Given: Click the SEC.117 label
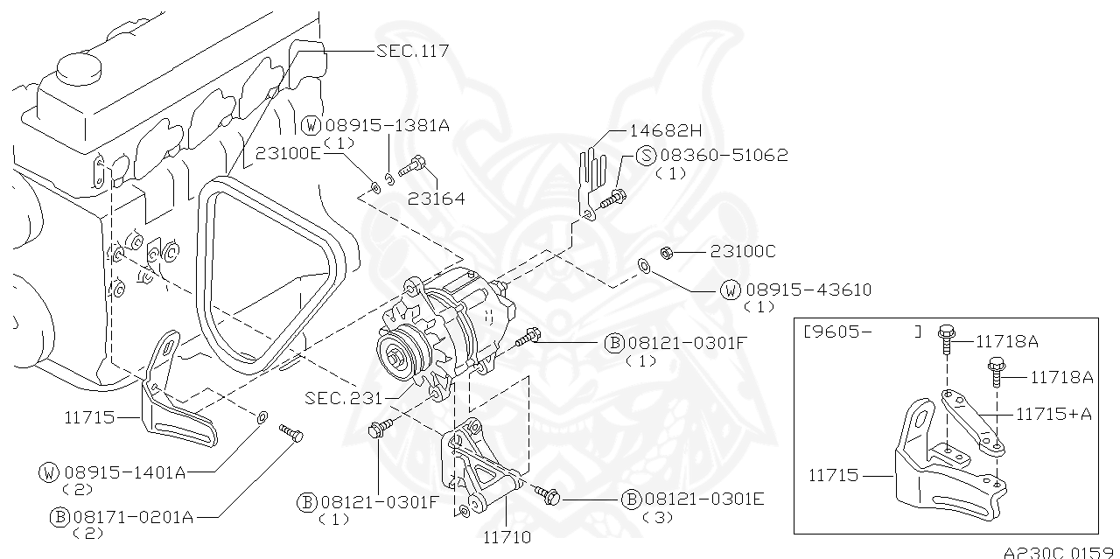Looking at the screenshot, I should coord(412,52).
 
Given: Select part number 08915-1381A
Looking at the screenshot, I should coord(386,126).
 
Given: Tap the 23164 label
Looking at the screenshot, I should coord(436,199).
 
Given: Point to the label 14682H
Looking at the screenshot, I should coord(666,131).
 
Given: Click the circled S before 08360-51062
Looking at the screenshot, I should coord(645,156).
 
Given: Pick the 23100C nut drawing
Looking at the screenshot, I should coord(664,253).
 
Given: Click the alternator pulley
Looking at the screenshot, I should coord(399,355).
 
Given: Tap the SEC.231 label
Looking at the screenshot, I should coord(343,398).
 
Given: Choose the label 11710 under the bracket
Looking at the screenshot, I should coord(507,537).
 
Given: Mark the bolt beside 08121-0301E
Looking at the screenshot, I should coord(546,495).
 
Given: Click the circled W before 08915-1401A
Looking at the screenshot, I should coord(50,472).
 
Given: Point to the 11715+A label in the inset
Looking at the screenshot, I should coord(1053,414).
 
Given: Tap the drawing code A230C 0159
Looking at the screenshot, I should coord(1060,552).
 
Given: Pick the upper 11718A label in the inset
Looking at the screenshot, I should coord(1006,341).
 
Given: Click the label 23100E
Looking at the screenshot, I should coord(289,151).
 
